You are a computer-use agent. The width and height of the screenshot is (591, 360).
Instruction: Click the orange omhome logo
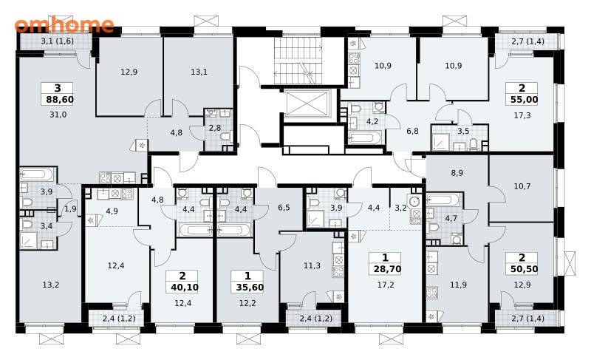pyautogui.click(x=64, y=25)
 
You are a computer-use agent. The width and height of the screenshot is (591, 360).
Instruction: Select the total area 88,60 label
pyautogui.click(x=60, y=100)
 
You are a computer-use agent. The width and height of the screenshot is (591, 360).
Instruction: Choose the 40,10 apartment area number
pyautogui.click(x=185, y=288)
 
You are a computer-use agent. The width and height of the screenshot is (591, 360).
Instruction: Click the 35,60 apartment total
pyautogui.click(x=250, y=288)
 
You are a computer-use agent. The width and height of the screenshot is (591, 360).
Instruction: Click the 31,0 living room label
pyautogui.click(x=58, y=115)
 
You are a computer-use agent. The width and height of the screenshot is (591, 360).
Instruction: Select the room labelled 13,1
pyautogui.click(x=199, y=72)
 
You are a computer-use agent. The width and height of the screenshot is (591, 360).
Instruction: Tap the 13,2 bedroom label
pyautogui.click(x=50, y=285)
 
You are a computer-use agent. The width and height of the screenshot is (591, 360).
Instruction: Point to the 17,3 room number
pyautogui.click(x=522, y=115)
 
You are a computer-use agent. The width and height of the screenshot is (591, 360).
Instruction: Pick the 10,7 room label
pyautogui.click(x=522, y=186)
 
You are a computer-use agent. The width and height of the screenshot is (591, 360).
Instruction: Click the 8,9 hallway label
pyautogui.click(x=457, y=173)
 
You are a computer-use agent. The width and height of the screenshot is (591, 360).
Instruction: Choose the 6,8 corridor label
pyautogui.click(x=412, y=131)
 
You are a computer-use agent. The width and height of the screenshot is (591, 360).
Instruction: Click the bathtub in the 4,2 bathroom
pyautogui.click(x=364, y=137)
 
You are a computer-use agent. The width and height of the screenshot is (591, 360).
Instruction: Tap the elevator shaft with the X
pyautogui.click(x=307, y=104)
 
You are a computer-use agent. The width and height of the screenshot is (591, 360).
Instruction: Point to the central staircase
pyautogui.click(x=298, y=61)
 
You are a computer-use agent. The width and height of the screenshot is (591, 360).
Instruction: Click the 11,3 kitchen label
pyautogui.click(x=312, y=266)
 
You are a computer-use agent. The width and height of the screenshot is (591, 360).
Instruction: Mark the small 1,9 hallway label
pyautogui.click(x=70, y=209)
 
